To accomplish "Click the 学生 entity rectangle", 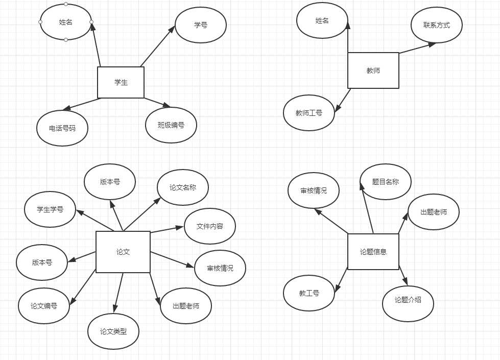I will click(121, 82).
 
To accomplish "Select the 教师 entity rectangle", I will click(373, 70).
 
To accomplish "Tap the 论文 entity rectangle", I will click(123, 252).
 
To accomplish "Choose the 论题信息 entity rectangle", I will click(373, 251).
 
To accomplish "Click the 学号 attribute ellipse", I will click(201, 25).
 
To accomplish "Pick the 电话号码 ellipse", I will click(62, 128).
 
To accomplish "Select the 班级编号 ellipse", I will click(171, 125).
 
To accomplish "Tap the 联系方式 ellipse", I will click(437, 25).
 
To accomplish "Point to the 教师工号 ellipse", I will click(309, 112).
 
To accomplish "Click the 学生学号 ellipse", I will click(50, 209).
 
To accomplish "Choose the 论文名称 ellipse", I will click(183, 187).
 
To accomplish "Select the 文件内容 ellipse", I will click(209, 226).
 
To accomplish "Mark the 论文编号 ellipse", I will click(43, 306).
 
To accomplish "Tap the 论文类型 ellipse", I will click(113, 331).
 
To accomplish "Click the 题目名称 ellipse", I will click(385, 181).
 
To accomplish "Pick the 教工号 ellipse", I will click(309, 293).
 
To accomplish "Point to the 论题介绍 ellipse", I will click(408, 300).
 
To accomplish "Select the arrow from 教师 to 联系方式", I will click(417, 48).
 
